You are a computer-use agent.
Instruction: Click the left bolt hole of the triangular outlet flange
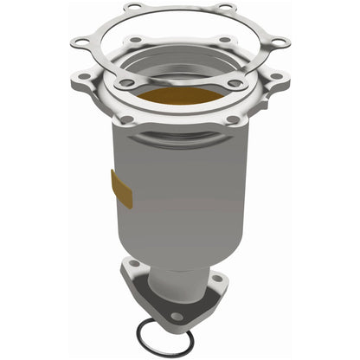tap(135, 264)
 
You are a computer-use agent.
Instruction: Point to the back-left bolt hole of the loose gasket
tap(132, 9)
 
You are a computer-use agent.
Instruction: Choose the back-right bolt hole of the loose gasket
tap(227, 9)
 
